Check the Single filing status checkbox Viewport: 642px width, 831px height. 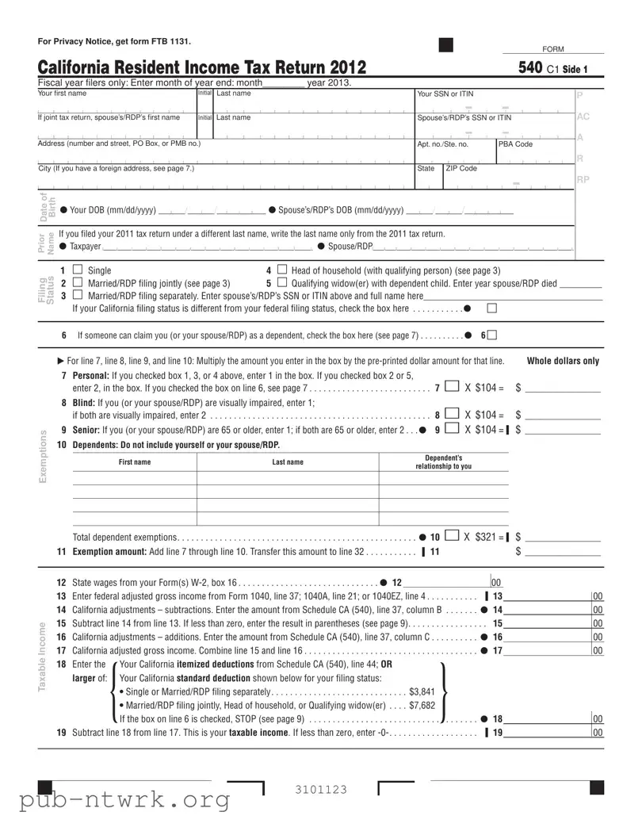click(78, 271)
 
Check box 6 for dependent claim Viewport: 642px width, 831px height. click(493, 335)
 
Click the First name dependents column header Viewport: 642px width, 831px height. click(135, 462)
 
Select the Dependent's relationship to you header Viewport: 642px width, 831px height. click(443, 462)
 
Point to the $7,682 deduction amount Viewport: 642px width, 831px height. click(422, 704)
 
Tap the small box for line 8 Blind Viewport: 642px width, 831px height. click(451, 414)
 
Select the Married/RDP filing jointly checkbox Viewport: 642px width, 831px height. click(78, 283)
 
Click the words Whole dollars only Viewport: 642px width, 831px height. click(563, 362)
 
